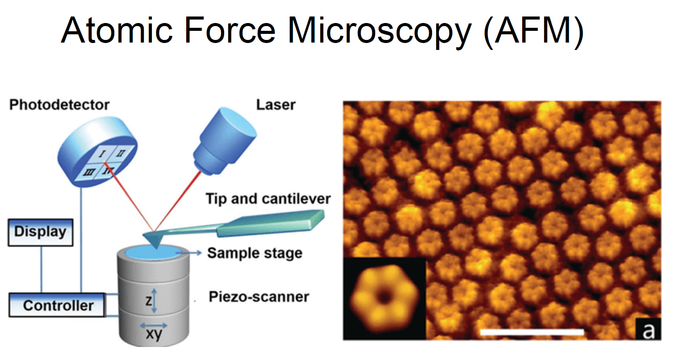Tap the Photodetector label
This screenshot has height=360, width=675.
(x=59, y=105)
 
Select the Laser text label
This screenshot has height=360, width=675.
(x=276, y=105)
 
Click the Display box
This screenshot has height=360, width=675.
(x=40, y=232)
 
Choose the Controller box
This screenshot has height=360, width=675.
(x=57, y=305)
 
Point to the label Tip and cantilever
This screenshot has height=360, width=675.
(x=268, y=199)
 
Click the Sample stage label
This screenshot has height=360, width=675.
(x=254, y=253)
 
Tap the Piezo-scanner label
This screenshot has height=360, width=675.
(x=259, y=297)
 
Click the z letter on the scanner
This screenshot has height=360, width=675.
(x=148, y=300)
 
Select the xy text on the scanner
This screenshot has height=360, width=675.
(x=154, y=334)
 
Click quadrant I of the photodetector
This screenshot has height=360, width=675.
(x=102, y=154)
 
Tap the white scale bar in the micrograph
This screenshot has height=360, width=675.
(x=532, y=332)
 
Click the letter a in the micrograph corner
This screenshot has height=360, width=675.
(x=648, y=330)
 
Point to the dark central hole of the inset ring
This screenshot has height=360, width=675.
(x=384, y=297)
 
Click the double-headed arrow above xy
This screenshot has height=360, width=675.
(x=153, y=325)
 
